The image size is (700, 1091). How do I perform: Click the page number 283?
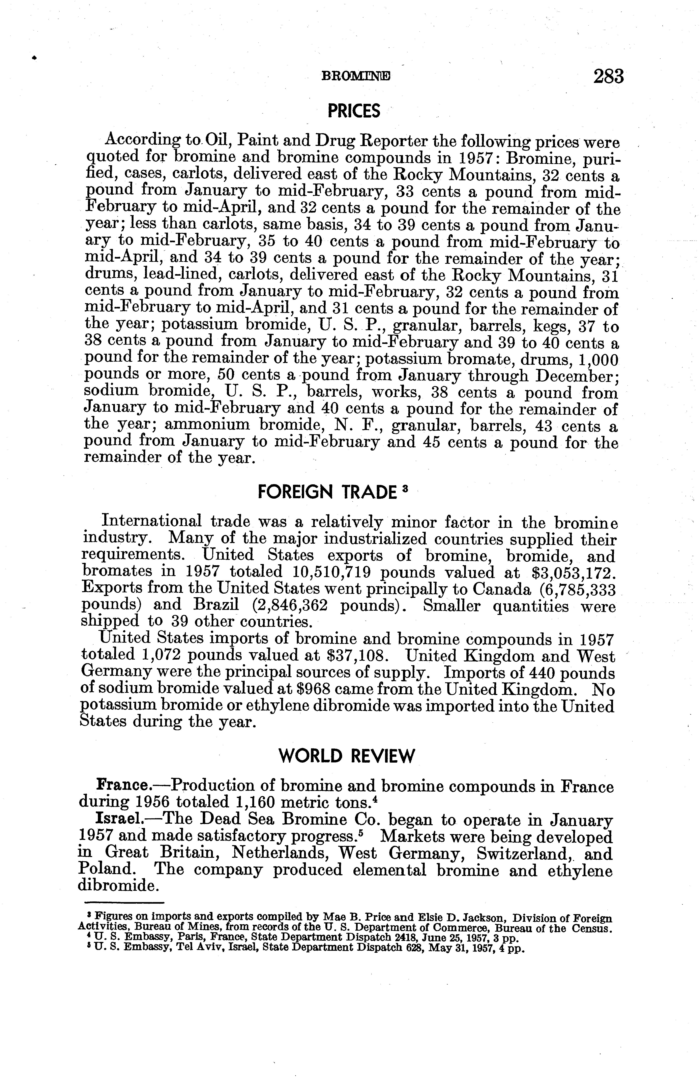point(608,76)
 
